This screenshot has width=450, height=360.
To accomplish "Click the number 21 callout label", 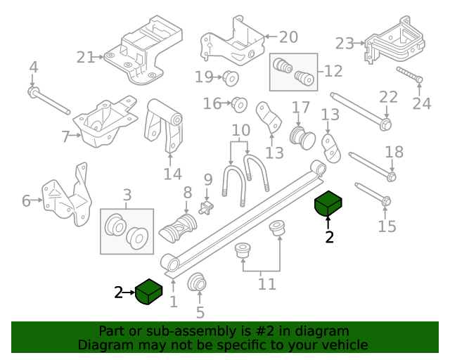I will click(x=85, y=58).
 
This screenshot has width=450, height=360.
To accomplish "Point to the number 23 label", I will click(x=344, y=44).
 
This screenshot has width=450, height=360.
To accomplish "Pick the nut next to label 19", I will click(x=231, y=77).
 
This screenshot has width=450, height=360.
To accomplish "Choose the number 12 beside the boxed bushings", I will click(x=333, y=71).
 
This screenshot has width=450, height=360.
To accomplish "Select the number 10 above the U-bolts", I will click(x=240, y=130).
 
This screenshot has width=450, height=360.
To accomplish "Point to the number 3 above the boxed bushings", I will click(x=127, y=194).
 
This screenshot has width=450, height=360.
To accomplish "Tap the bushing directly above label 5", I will click(x=198, y=284).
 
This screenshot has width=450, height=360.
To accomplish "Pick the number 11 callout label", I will click(x=267, y=284).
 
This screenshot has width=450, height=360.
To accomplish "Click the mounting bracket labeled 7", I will click(x=105, y=123).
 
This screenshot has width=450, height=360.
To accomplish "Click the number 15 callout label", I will click(x=387, y=226).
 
